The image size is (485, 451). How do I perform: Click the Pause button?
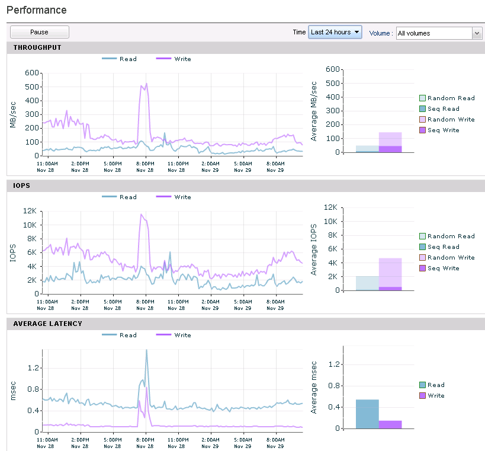tap(39, 32)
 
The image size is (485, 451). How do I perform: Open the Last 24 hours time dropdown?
tap(335, 32)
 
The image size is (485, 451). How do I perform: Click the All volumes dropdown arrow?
tap(477, 33)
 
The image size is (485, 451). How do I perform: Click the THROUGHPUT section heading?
tap(37, 47)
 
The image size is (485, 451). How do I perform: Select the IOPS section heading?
tap(21, 185)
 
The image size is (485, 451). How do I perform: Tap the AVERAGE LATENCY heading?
tap(47, 324)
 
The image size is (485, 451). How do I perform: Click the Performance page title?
tap(37, 10)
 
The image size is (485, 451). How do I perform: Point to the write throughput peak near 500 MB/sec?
tap(146, 84)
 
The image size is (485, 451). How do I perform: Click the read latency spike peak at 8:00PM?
tap(146, 350)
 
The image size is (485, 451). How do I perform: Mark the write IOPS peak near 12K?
tap(141, 214)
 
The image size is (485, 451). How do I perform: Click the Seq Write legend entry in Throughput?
tap(439, 130)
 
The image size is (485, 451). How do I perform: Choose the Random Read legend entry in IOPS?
tap(447, 236)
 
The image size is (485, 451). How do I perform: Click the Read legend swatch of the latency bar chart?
tap(422, 385)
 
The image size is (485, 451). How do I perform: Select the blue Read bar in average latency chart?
tap(367, 414)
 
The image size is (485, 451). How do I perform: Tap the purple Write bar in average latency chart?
tap(390, 425)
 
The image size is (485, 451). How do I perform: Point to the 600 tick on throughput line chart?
tap(32, 73)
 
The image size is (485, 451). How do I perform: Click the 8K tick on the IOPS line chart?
tap(32, 239)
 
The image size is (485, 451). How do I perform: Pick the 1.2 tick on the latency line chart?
tap(33, 367)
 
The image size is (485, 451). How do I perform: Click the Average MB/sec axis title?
tap(314, 111)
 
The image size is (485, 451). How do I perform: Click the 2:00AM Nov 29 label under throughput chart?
tap(210, 167)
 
